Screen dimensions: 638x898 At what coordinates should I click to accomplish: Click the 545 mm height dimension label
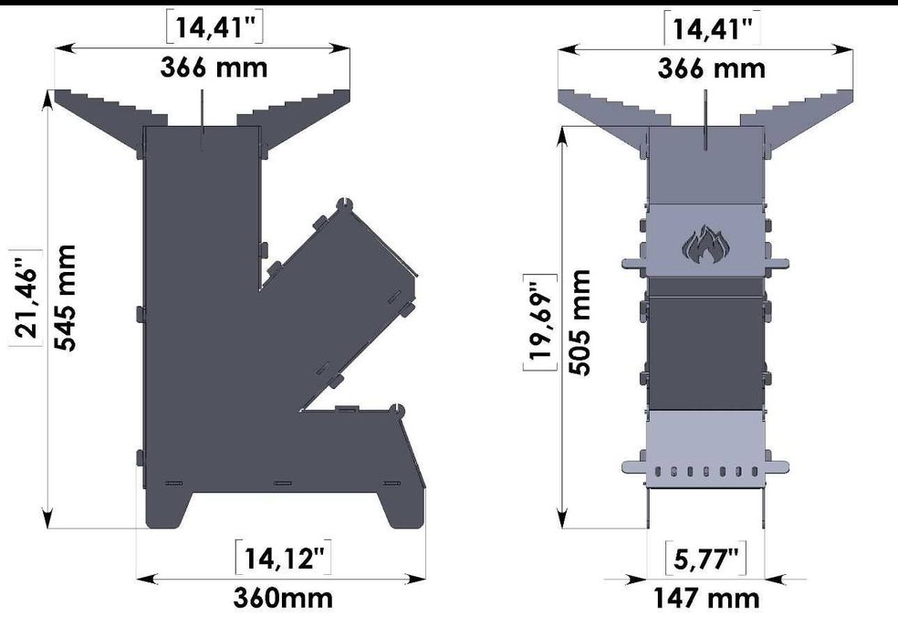(64, 298)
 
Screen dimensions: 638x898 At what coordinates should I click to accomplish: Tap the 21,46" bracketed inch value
(25, 297)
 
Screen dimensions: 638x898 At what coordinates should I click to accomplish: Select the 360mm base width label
(282, 599)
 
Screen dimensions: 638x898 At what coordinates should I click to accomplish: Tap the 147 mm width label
(706, 599)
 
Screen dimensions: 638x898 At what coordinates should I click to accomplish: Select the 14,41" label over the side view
(215, 28)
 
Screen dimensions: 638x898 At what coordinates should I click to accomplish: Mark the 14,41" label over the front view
(713, 28)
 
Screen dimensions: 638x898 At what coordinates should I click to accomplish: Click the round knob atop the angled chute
(344, 203)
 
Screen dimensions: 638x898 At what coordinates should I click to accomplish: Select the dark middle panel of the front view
(704, 351)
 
